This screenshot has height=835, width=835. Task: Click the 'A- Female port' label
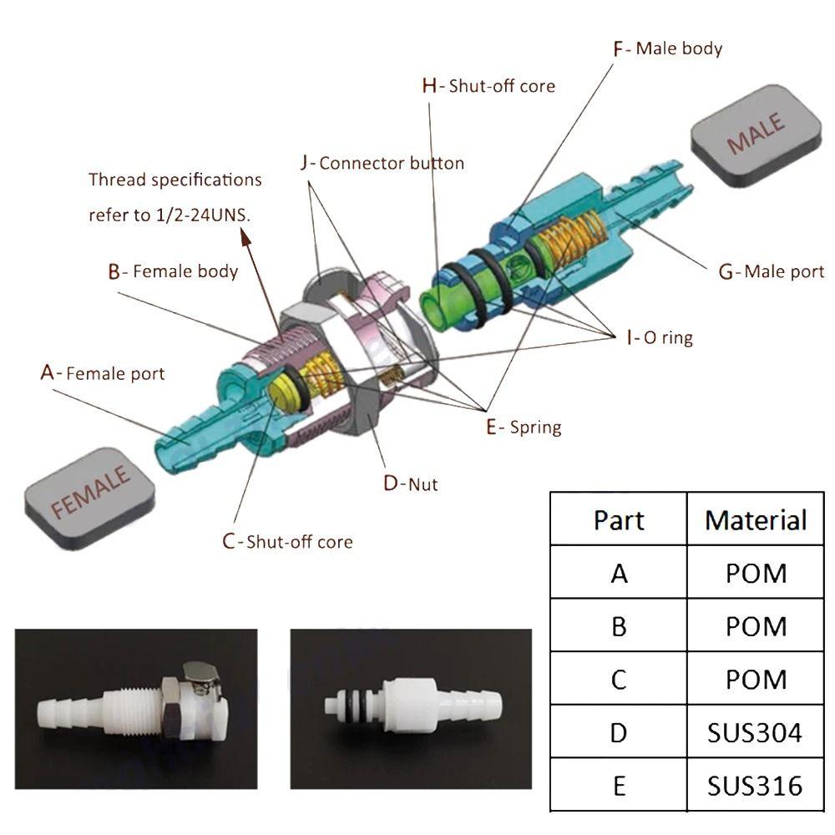coord(103,372)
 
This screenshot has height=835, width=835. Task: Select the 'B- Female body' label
coord(173,271)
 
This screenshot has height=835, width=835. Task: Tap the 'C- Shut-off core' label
coord(287,541)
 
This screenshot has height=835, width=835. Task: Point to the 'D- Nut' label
coord(410,483)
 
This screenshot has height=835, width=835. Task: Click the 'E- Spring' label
coord(524,427)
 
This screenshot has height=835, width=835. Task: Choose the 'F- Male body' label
coord(667,48)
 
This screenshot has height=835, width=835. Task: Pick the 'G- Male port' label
coord(771,271)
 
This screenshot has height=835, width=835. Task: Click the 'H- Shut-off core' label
coord(488,85)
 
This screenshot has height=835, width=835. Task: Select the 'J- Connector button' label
coord(382,163)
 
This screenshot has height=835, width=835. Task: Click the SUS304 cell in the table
coord(755,732)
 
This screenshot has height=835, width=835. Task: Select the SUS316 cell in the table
coord(755,785)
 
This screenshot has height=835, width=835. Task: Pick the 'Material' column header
coord(755,519)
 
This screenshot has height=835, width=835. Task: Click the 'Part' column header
coord(619,519)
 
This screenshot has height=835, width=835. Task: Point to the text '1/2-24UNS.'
coord(202,215)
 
